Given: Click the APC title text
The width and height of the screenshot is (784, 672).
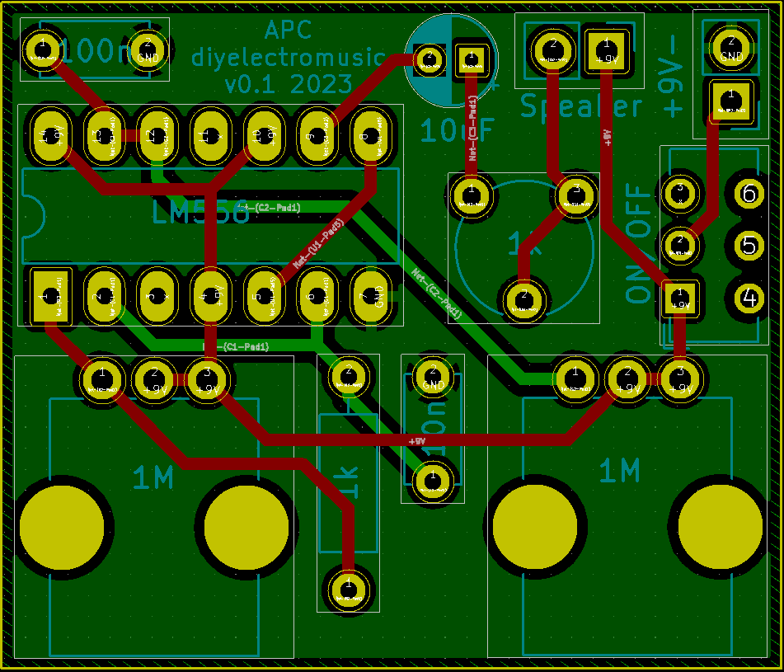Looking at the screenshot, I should pos(288,31).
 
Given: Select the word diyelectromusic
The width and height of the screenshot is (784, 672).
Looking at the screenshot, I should pos(288,58).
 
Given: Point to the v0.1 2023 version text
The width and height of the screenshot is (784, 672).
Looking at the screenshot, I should pos(288,84).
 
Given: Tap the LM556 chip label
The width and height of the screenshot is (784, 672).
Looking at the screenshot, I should pos(200,213).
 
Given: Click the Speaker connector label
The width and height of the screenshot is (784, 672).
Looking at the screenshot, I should pos(581,106).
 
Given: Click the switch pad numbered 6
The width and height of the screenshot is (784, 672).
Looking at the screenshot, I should pos(749,194).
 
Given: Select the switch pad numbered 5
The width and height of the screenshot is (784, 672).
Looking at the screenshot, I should pos(749,245).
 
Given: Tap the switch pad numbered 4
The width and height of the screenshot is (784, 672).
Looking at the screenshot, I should pos(749,296).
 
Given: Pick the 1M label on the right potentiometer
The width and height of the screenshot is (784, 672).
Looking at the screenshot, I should pos(619,471).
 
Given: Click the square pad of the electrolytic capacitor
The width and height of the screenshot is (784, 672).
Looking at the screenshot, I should pos(472,57).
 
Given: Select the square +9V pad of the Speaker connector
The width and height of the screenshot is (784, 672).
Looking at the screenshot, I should pos(606,49).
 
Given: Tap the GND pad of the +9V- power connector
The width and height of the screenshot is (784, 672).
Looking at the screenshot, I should pos(730,46).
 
